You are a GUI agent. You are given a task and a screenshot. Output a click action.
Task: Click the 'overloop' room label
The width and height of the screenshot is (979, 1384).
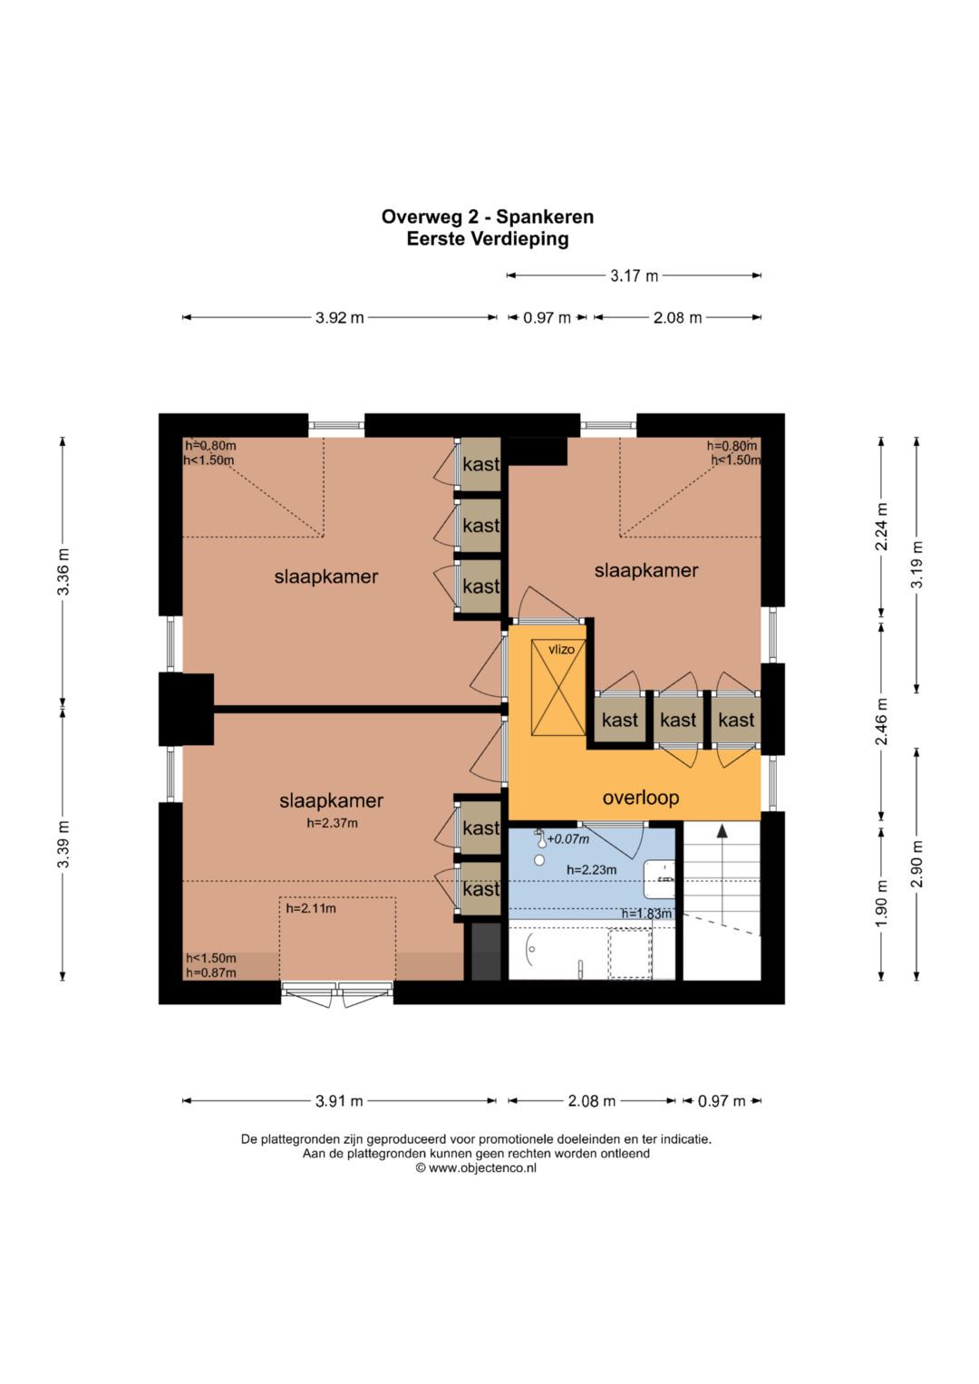(640, 797)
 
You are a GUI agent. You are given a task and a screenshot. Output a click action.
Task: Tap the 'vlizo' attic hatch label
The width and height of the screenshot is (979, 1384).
(561, 649)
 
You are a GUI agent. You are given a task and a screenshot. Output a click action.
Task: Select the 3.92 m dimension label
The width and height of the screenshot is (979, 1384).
(339, 317)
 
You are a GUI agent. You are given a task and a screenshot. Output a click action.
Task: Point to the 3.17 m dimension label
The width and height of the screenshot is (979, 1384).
(635, 276)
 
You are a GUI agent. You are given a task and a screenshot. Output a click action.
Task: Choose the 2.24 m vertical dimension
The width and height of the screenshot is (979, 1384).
(881, 527)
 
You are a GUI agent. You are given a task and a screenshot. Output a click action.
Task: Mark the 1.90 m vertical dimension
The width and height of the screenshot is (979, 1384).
(881, 903)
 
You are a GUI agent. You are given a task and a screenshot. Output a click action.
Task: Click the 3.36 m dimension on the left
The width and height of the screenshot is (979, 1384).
(63, 572)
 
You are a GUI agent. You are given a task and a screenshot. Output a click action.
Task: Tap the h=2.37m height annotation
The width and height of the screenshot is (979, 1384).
(332, 823)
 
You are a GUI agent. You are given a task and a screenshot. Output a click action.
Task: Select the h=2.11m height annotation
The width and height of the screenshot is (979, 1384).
(311, 908)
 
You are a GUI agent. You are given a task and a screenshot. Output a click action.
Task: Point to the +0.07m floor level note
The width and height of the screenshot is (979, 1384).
(568, 839)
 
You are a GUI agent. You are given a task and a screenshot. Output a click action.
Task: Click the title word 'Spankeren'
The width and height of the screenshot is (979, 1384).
(545, 217)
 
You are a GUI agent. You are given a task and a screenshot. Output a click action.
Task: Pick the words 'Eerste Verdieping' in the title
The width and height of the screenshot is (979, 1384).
(487, 238)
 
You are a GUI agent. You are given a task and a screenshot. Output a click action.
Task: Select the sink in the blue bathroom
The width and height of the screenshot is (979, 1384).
(659, 878)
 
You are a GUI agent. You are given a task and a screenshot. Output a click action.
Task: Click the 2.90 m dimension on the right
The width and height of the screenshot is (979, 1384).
(916, 864)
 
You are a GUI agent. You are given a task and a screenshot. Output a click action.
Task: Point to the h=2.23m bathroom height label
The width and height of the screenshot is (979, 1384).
(591, 870)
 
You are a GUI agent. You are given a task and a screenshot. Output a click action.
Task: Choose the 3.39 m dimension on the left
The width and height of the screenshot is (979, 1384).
(63, 844)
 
